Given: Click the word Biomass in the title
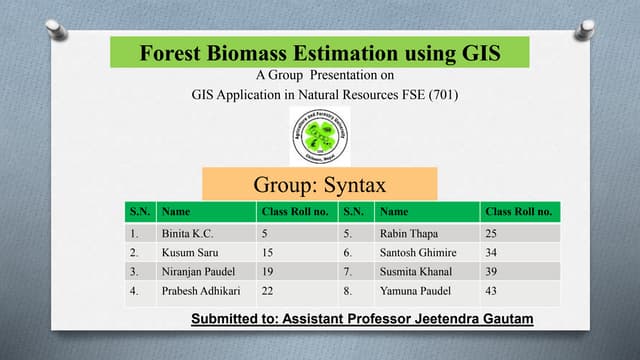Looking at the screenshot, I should tap(244, 51).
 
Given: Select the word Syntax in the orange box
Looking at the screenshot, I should tap(351, 184).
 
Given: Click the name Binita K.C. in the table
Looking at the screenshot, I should tap(188, 233).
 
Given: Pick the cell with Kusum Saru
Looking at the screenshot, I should tap(187, 252).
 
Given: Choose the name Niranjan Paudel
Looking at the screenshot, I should tap(197, 271).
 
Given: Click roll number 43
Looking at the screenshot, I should tap(492, 291).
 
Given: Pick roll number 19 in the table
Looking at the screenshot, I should tap(268, 271).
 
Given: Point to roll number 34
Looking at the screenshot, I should tap(492, 252).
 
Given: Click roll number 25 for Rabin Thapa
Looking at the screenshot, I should tap(492, 233).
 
